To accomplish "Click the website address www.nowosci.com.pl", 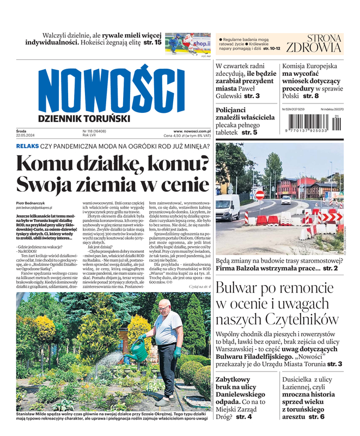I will coord(192,131).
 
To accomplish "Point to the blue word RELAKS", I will coord(27,146).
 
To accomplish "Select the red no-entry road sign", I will coord(260,195).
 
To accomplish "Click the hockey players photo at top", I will coord(188,43).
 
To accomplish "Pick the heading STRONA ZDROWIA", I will coord(315,44).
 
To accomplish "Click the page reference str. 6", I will coord(316,416).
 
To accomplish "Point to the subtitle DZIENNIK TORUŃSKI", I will coord(84,118).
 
